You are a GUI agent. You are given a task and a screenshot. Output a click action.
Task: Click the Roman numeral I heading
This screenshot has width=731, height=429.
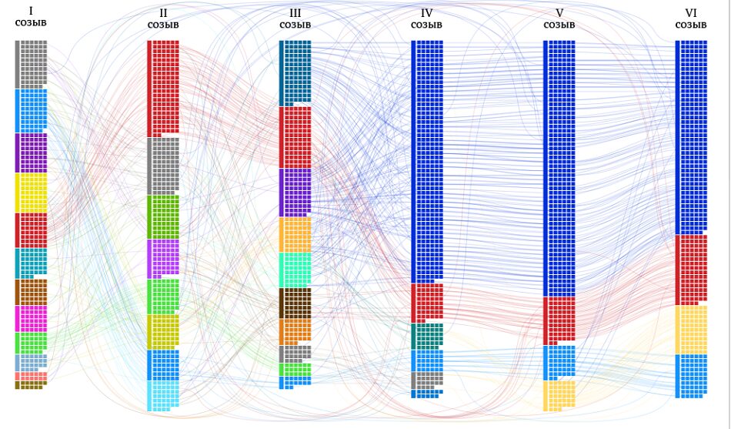[x=31, y=11]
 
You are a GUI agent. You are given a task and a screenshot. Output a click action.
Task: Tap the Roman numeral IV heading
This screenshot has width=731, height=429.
[x=427, y=12]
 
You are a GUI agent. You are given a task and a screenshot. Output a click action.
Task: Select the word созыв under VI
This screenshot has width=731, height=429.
[x=691, y=25]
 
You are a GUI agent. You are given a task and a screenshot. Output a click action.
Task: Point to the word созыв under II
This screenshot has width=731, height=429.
[x=163, y=25]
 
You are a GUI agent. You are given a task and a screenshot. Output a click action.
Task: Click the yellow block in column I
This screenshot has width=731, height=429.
[x=31, y=193]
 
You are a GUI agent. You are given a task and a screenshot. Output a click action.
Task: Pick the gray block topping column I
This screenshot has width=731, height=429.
[x=31, y=64]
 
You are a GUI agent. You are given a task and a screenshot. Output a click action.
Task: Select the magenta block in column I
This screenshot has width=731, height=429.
[x=31, y=318]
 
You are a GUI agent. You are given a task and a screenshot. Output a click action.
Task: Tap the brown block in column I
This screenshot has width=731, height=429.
[x=31, y=292]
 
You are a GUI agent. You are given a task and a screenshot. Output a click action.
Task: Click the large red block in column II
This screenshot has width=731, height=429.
[x=163, y=88]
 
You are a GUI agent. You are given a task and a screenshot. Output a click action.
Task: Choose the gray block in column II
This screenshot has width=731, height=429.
[x=163, y=166]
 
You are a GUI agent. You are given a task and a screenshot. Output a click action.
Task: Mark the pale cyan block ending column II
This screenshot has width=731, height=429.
[x=163, y=395]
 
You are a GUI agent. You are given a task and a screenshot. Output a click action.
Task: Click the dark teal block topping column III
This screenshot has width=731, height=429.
[x=295, y=72]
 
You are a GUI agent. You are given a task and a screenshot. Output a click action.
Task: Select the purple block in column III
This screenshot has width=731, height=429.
[x=295, y=193]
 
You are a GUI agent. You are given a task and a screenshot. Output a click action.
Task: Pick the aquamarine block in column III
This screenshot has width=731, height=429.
[x=295, y=270]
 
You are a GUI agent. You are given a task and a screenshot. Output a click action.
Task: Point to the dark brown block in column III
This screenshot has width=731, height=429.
[x=295, y=303]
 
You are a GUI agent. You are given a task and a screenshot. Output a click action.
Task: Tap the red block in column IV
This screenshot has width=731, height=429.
[x=427, y=302]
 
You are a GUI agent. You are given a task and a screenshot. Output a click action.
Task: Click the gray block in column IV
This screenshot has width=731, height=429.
[x=427, y=380]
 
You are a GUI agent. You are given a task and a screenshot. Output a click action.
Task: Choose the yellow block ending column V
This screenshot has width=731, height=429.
[x=559, y=396]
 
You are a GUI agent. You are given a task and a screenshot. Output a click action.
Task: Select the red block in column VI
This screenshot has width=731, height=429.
[x=691, y=270]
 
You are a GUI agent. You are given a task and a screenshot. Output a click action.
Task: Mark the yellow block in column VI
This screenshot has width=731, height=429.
[x=691, y=330]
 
